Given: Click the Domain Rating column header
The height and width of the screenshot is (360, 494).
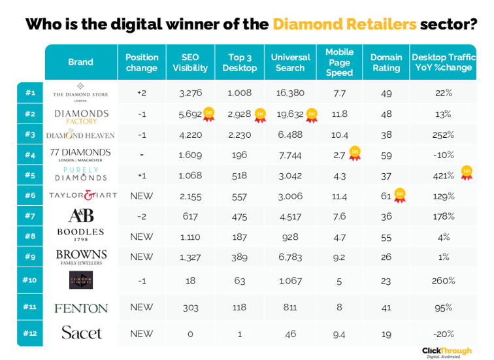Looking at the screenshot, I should click(386, 62).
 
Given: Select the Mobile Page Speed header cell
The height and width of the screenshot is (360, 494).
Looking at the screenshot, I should click(339, 62).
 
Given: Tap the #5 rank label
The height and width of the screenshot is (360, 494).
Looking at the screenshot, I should click(30, 175).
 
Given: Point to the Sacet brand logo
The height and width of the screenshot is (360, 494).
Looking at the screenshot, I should click(81, 333).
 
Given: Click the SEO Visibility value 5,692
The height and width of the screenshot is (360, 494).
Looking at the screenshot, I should click(190, 114).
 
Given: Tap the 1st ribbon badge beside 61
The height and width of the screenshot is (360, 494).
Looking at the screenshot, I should click(399, 195).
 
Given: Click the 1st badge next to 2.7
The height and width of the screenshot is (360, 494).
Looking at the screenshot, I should click(355, 153).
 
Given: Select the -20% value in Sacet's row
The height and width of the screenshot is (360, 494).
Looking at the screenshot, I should click(444, 333).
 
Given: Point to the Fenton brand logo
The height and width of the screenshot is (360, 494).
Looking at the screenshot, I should click(81, 308).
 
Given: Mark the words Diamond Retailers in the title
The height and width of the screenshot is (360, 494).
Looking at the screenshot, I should click(344, 25).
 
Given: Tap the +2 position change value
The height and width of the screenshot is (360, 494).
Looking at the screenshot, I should click(142, 93).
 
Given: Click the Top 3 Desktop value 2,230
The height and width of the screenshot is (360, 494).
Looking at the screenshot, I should click(240, 135).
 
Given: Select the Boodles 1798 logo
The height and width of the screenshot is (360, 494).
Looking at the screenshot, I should click(81, 235).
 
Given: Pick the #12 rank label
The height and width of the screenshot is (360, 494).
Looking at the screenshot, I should click(30, 333).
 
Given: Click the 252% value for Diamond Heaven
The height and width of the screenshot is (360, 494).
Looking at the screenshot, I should click(444, 135).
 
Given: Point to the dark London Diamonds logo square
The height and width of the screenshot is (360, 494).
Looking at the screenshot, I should click(81, 280).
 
